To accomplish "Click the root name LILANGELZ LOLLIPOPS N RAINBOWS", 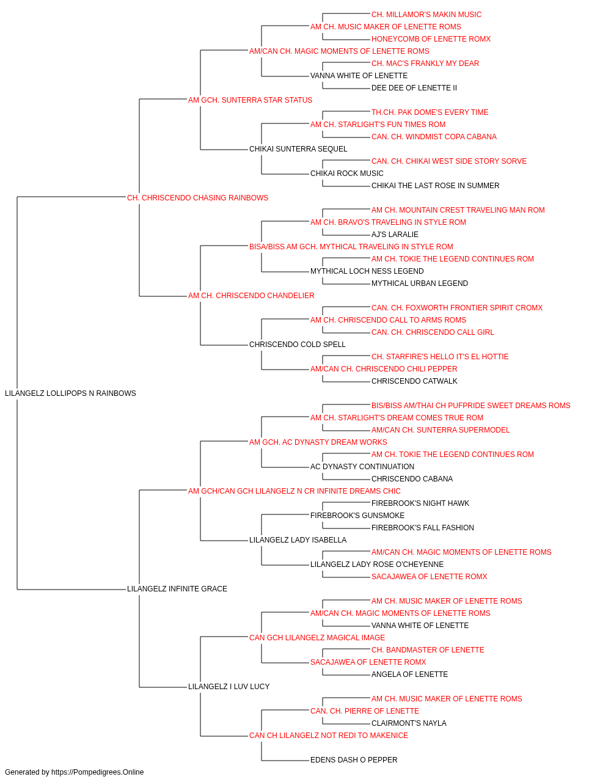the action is (x=70, y=393).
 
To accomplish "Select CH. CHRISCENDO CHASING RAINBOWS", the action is (x=197, y=198).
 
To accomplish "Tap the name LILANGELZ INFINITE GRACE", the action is (x=177, y=589).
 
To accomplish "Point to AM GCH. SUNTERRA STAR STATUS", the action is (x=250, y=100).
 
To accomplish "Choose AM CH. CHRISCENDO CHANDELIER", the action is (x=251, y=296).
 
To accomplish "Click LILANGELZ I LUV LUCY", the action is (x=229, y=687).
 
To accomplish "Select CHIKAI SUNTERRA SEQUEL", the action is (x=298, y=149).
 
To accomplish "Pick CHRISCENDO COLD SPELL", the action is (x=298, y=345).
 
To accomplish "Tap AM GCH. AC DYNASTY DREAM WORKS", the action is (x=318, y=442).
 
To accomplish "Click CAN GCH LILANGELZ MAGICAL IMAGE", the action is (x=317, y=638).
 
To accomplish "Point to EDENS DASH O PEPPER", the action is (x=354, y=760).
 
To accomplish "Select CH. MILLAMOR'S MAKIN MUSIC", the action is (x=426, y=15).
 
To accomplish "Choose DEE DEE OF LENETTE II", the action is (x=414, y=88).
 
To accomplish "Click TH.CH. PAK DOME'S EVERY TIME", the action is (x=430, y=112).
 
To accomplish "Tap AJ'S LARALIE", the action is (x=395, y=235).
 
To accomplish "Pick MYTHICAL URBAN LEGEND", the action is (x=420, y=283).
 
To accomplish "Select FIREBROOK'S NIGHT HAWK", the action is (x=420, y=503).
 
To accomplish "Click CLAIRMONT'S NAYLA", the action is (x=409, y=723).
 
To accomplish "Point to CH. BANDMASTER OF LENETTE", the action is (x=428, y=650).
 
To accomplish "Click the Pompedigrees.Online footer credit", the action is (x=74, y=772).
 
